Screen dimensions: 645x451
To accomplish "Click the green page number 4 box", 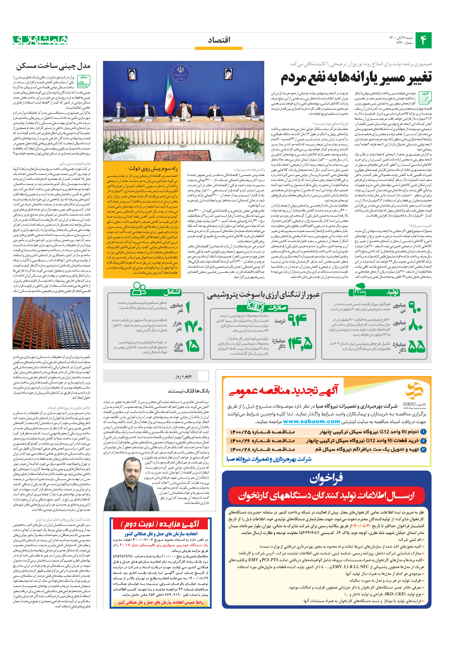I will (x=423, y=40).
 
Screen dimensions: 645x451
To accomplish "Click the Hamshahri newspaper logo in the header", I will (x=40, y=40).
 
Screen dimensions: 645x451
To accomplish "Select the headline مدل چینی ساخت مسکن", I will (x=53, y=66).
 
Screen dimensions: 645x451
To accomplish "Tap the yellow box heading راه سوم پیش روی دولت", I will (x=153, y=168).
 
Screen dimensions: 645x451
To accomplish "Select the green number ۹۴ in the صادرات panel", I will (x=297, y=320).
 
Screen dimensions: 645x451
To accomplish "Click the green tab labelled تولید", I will (x=393, y=292).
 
